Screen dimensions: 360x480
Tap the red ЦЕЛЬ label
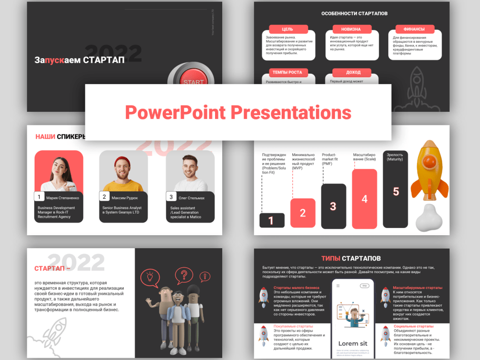pos(288,29)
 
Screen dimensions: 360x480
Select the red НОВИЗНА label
pos(351,29)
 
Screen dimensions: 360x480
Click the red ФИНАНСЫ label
pos(415,29)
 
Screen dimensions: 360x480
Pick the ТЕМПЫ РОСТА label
pos(288,72)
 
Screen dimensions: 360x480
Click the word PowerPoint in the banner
pos(175,112)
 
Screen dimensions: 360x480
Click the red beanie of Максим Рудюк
pos(123,158)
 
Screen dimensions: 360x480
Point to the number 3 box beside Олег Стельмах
pos(171,196)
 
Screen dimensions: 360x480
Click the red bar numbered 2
pos(303,213)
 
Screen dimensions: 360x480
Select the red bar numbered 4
pos(364,199)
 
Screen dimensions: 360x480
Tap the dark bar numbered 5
pos(396,191)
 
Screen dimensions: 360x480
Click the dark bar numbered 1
pos(272,220)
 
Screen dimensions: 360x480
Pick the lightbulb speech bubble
pos(150,277)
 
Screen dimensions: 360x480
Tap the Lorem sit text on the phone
pos(353,343)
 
